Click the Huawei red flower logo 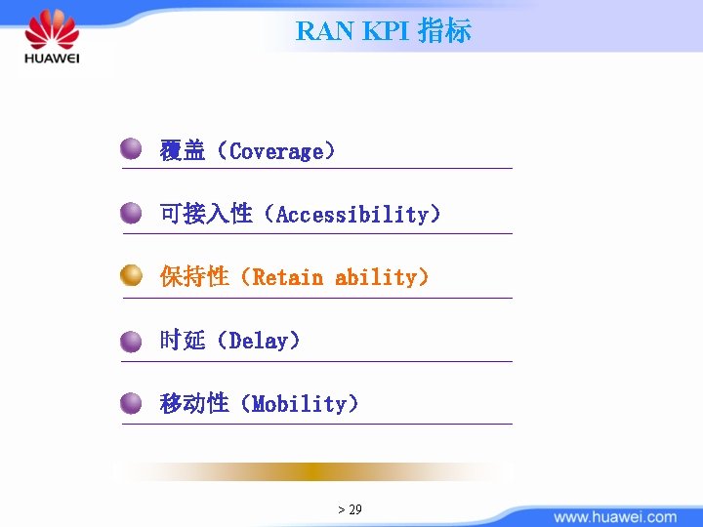point(52,29)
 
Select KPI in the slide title point(387,31)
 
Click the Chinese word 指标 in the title point(444,31)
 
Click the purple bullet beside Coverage point(132,149)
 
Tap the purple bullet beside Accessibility point(132,213)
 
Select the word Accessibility point(352,215)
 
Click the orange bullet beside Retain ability point(132,276)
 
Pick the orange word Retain point(287,277)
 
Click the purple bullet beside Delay point(132,341)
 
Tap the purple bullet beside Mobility point(132,402)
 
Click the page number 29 point(355,509)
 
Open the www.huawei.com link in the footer point(615,516)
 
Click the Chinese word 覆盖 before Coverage point(183,151)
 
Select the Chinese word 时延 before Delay point(183,341)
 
